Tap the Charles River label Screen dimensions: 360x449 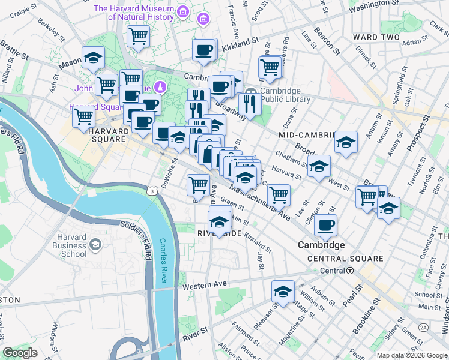tap(163, 262)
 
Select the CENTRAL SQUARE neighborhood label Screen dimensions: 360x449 tap(345, 259)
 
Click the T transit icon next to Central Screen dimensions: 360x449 tap(349, 271)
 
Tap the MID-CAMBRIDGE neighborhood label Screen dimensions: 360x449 tap(307, 136)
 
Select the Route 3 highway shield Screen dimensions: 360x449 tap(154, 190)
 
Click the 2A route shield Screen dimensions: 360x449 tap(424, 327)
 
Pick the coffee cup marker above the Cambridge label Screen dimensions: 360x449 tap(325, 225)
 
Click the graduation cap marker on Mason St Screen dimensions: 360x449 tap(93, 58)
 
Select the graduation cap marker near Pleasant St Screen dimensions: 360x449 tap(283, 291)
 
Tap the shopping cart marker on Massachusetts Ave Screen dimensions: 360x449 tap(278, 194)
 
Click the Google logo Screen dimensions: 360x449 tap(20, 353)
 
